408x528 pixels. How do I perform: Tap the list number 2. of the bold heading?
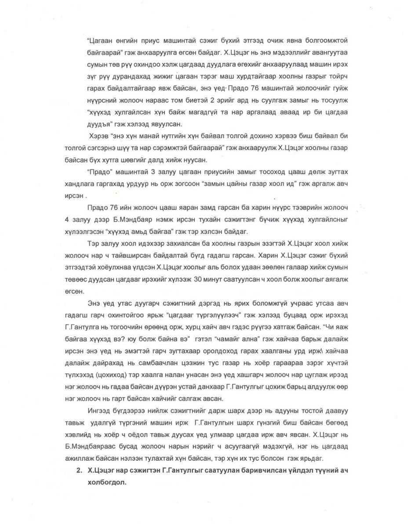[79, 470]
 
